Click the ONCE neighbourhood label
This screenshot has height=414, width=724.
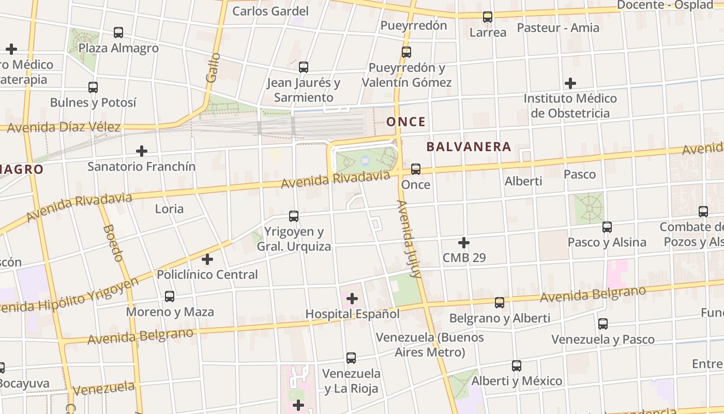click(406, 122)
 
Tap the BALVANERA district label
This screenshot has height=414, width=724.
click(469, 147)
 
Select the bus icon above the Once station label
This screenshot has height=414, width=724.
click(415, 169)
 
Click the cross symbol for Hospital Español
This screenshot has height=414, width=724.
click(352, 299)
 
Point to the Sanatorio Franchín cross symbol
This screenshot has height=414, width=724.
click(141, 151)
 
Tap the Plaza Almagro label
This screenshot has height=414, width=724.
click(118, 48)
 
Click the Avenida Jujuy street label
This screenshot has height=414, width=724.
click(409, 239)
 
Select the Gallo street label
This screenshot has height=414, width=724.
click(213, 68)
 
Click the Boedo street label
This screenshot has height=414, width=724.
click(113, 243)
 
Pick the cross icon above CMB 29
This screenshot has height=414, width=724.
click(464, 242)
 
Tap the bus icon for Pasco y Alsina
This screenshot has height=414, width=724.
click(607, 227)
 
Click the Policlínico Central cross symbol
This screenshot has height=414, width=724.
click(207, 259)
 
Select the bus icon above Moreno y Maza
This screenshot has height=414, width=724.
click(170, 297)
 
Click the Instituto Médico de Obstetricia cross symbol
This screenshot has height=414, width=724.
click(570, 83)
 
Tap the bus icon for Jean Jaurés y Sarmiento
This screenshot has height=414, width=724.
click(304, 67)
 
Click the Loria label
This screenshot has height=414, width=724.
click(169, 209)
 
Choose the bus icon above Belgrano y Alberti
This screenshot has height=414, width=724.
click(500, 303)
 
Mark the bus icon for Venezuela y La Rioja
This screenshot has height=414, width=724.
click(351, 358)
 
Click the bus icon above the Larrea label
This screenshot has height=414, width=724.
click(488, 17)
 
